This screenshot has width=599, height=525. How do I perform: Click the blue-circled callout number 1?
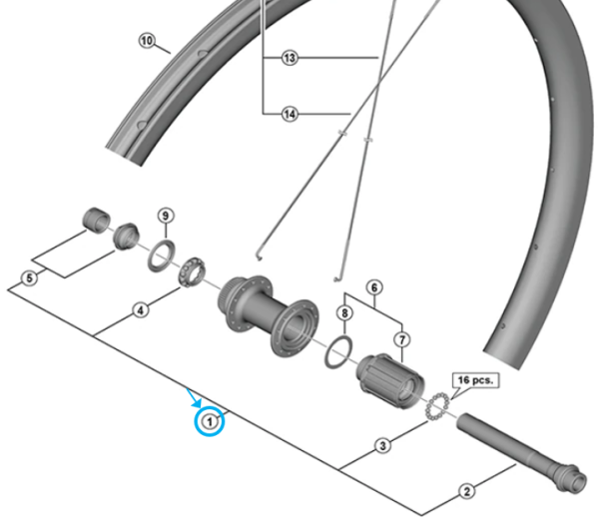(210, 421)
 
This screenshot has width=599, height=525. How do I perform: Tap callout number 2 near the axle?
(464, 490)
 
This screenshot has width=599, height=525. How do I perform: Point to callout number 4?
(141, 310)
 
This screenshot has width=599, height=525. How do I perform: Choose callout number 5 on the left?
(30, 277)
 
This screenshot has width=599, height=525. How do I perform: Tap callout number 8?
(344, 313)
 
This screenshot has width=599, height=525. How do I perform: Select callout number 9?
(166, 217)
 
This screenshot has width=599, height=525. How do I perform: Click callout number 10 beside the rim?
(148, 41)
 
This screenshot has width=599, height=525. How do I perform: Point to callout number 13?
(290, 59)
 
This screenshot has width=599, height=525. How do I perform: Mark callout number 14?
(290, 114)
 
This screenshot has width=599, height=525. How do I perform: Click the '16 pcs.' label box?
(476, 380)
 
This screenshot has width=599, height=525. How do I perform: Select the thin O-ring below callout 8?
(338, 348)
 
